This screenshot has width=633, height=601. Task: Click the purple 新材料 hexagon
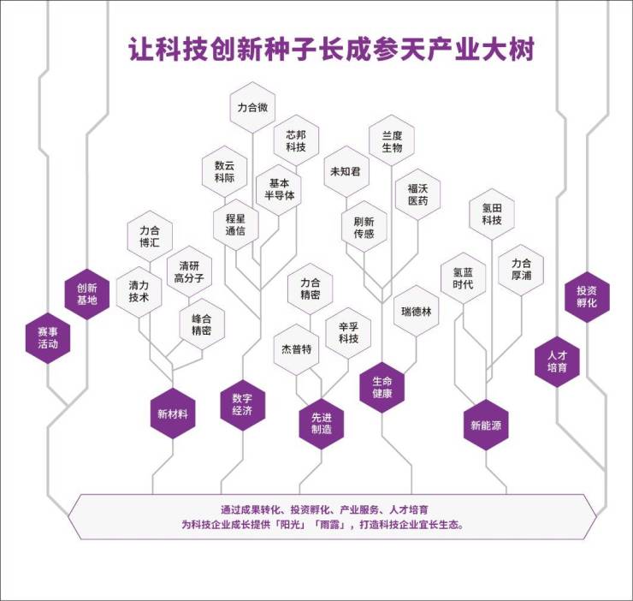[173, 414]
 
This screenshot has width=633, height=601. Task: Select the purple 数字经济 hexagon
[242, 404]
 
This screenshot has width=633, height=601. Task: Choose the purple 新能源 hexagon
[486, 424]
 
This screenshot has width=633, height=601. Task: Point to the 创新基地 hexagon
[87, 294]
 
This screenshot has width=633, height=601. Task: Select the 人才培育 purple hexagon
[558, 360]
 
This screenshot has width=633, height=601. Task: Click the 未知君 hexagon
[345, 171]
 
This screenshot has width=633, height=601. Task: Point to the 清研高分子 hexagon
[188, 271]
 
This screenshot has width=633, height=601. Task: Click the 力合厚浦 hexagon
[521, 270]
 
